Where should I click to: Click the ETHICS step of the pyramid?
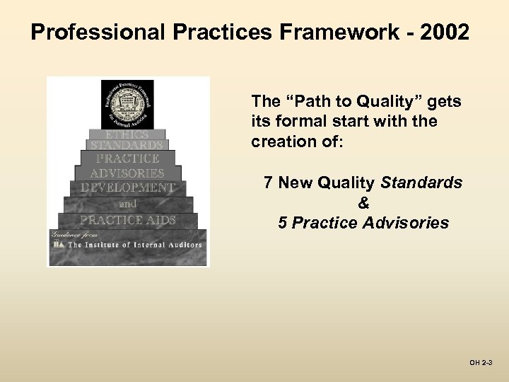pos(127,134)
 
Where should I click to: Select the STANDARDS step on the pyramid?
pos(127,146)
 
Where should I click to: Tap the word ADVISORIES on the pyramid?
pos(127,173)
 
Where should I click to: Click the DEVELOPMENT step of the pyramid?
pos(127,187)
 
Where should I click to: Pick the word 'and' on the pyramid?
pos(127,204)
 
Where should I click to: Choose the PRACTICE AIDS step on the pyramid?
pos(127,220)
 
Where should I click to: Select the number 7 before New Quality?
pos(268,183)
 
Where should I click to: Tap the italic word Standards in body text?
pos(421,183)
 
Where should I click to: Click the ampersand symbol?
pos(363,203)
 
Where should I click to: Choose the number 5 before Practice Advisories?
pos(282,223)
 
